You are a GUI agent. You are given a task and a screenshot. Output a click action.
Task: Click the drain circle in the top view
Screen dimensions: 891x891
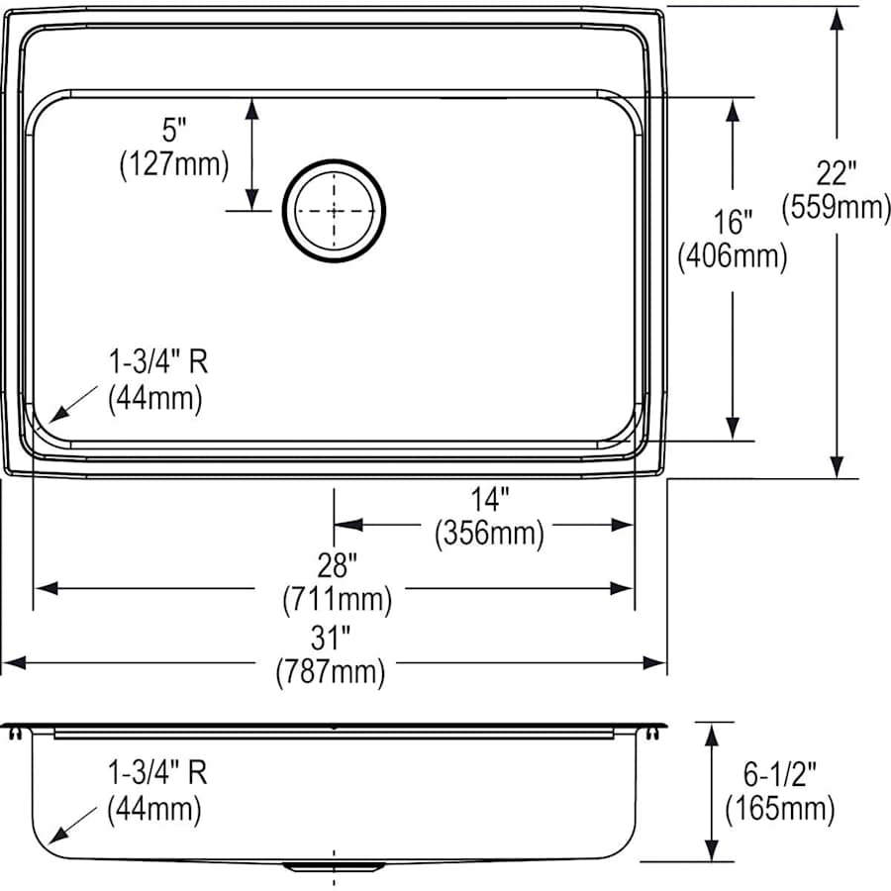tap(334, 210)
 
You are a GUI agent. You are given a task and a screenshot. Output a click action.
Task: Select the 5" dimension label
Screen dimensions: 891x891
tap(173, 130)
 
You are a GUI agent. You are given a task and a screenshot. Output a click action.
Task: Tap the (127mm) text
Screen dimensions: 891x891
tap(173, 164)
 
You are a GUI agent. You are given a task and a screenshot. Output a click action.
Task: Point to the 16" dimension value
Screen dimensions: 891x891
tap(733, 223)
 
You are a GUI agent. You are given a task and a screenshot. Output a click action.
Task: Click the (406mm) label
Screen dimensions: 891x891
tap(733, 257)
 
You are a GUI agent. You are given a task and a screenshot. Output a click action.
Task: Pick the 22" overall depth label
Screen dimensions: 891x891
tap(837, 173)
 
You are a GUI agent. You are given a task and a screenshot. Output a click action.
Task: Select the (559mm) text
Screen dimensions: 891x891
tap(837, 208)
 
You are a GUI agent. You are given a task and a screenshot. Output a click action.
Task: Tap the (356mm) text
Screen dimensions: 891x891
tap(489, 535)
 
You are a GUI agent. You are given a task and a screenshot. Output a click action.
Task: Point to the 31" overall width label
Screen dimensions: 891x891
tap(330, 640)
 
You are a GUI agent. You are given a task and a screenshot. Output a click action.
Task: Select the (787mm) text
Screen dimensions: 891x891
tap(330, 674)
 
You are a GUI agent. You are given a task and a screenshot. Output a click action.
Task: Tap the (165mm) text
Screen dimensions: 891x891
tap(778, 809)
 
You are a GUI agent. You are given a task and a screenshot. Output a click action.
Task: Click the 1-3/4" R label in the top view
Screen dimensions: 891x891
tap(158, 362)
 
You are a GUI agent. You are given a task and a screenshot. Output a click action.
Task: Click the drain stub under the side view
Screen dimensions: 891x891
tap(334, 867)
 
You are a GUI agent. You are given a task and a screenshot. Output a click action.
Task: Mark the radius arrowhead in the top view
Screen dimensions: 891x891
tap(50, 419)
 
